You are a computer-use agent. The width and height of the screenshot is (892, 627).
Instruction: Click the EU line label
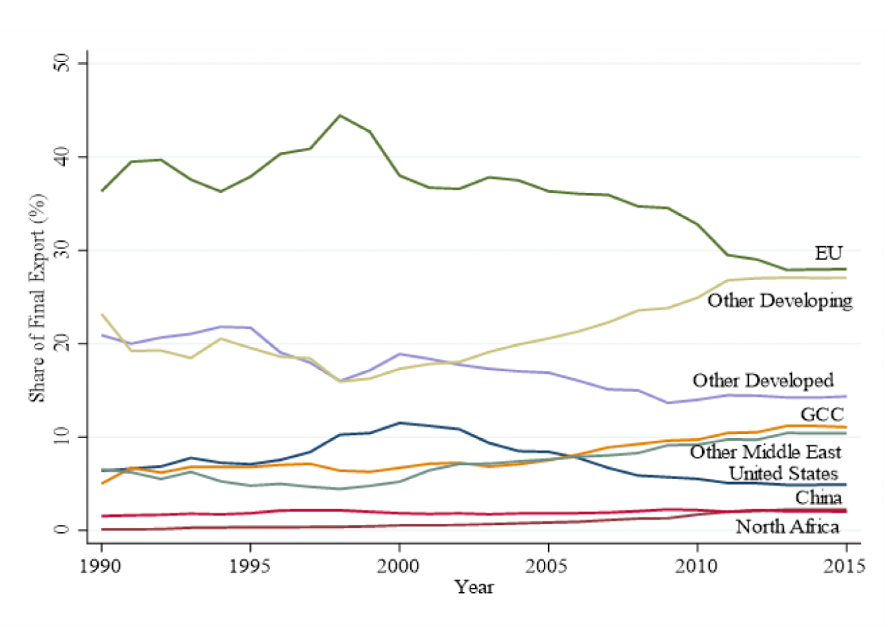click(x=828, y=253)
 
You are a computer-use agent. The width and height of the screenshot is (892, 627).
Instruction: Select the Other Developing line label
click(x=779, y=300)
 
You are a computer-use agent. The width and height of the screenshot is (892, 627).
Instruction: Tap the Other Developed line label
click(x=763, y=381)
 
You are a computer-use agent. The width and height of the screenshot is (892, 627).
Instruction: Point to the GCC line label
click(x=822, y=414)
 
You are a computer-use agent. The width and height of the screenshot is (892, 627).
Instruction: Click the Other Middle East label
click(x=765, y=452)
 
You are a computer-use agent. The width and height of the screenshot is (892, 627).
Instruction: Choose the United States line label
click(x=783, y=474)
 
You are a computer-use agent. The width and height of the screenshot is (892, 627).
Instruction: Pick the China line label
click(x=818, y=498)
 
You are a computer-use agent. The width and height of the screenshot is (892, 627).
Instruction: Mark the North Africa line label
click(x=787, y=526)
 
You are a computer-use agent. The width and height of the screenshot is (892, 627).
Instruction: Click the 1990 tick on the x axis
click(x=101, y=565)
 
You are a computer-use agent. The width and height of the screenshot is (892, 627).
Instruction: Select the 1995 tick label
click(x=251, y=565)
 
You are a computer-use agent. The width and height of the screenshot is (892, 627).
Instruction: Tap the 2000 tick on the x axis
click(x=399, y=565)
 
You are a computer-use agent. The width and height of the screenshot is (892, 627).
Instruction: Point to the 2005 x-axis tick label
click(x=548, y=565)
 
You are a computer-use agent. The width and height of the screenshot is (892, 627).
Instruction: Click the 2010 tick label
click(x=697, y=565)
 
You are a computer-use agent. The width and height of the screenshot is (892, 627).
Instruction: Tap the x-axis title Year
click(x=474, y=587)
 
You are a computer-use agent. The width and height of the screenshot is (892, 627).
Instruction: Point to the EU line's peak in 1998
click(x=340, y=115)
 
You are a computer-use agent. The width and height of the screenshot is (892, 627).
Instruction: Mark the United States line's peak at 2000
click(x=399, y=423)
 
